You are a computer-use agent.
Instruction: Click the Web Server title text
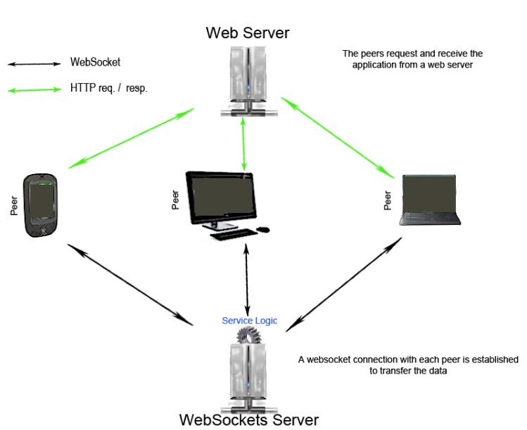[x=247, y=32]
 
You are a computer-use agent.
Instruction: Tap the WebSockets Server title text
[x=248, y=419]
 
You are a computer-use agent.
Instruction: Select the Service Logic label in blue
[x=250, y=321]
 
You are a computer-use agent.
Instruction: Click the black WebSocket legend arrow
[x=34, y=64]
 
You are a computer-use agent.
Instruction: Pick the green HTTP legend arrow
[x=34, y=90]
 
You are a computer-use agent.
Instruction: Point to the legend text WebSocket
[x=95, y=62]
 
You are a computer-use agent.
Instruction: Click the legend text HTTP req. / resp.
[x=108, y=89]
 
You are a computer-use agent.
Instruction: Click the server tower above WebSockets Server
[x=248, y=370]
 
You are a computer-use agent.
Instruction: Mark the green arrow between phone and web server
[x=132, y=138]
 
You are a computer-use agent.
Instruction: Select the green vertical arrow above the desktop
[x=244, y=145]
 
